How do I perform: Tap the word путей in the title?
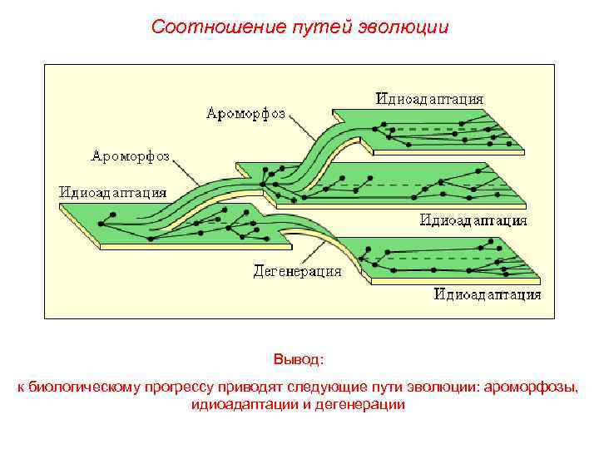click(x=311, y=27)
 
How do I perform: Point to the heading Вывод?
click(x=299, y=360)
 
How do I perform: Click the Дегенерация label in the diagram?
click(x=297, y=271)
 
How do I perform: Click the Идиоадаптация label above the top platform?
click(x=429, y=98)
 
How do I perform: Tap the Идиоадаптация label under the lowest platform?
click(x=488, y=294)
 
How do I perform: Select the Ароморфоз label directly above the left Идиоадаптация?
click(x=131, y=155)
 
